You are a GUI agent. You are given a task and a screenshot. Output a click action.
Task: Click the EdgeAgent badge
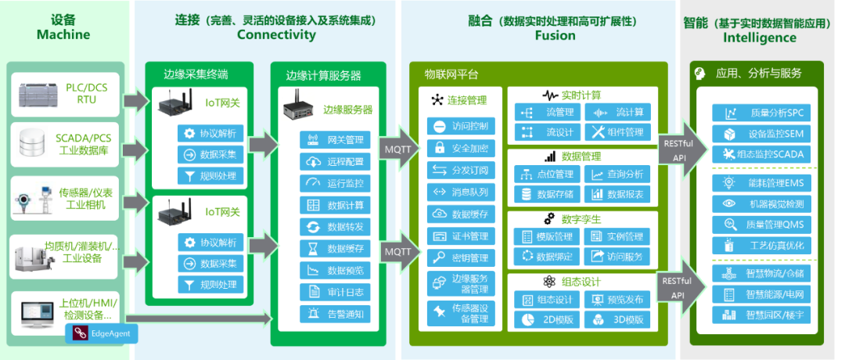[x=102, y=334]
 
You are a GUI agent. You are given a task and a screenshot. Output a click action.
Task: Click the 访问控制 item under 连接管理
[x=461, y=126]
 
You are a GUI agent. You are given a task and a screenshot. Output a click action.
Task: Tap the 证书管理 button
[x=461, y=236]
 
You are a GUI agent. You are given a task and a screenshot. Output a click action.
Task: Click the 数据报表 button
[x=617, y=194]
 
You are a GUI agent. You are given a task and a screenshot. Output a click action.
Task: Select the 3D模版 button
[x=617, y=319]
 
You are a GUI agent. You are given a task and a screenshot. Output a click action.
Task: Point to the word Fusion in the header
[x=555, y=35]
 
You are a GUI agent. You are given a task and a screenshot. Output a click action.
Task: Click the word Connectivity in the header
[x=276, y=34]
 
